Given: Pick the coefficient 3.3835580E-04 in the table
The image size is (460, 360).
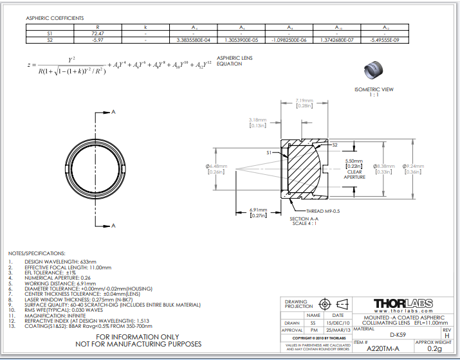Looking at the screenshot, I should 194,39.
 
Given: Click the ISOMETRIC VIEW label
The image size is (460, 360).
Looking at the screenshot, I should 374,89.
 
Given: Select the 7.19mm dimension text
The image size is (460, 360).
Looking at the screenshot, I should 304,101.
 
